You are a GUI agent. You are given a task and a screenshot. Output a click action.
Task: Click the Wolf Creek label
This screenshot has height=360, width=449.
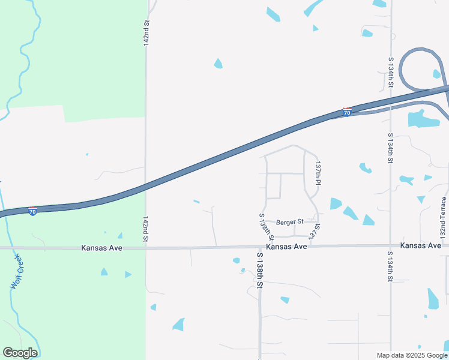pyautogui.click(x=16, y=272)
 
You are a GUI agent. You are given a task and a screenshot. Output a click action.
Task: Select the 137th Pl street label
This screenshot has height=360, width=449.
pyautogui.click(x=318, y=173)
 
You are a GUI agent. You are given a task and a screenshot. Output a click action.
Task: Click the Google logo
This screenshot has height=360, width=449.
pyautogui.click(x=20, y=353)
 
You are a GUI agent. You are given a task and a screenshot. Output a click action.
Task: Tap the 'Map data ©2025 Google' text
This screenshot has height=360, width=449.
pyautogui.click(x=412, y=355)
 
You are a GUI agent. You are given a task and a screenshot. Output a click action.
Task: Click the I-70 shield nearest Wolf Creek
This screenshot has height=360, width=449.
pyautogui.click(x=32, y=211)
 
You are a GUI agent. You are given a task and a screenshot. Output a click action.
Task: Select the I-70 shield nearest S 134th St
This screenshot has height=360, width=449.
pyautogui.click(x=347, y=112)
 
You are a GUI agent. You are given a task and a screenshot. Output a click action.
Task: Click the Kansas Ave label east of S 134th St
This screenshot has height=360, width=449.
pyautogui.click(x=420, y=246)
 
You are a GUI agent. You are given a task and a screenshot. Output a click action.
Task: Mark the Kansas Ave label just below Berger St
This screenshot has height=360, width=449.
pyautogui.click(x=286, y=247)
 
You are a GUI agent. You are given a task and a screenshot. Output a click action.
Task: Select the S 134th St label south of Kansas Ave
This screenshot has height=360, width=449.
pyautogui.click(x=390, y=266)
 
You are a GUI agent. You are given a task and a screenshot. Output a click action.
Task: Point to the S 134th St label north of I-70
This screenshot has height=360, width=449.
pyautogui.click(x=390, y=73)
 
